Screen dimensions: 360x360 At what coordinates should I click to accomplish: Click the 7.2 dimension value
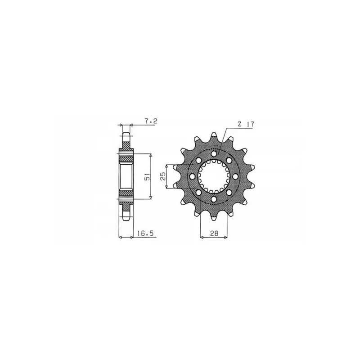pos(151,121)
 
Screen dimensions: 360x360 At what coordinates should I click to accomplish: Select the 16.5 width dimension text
pos(145,234)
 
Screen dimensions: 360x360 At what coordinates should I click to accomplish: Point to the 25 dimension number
pos(163,176)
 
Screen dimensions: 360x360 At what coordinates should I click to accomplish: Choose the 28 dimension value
pos(214,234)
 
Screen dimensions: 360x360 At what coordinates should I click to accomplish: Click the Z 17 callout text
pos(245,125)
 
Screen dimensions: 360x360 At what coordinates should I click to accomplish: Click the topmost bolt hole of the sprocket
pos(214,153)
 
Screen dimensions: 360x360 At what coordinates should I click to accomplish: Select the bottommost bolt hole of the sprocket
pos(214,199)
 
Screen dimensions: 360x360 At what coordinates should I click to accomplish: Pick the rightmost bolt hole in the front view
pos(235,176)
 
